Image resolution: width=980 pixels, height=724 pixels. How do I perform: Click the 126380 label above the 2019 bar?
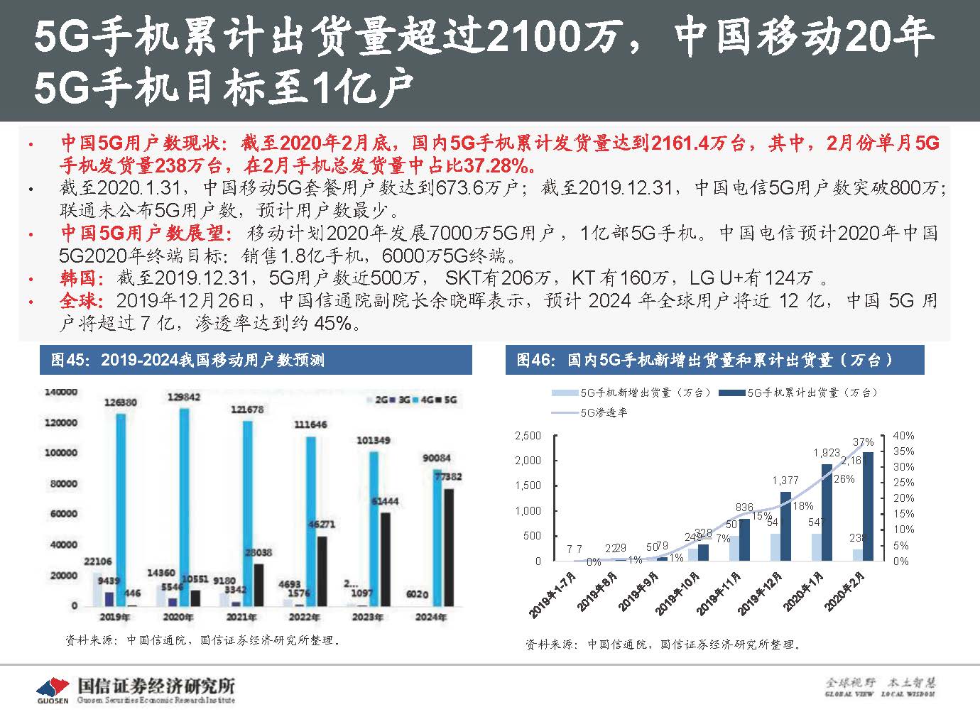click(120, 402)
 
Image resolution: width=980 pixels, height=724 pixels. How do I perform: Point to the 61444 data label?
click(385, 501)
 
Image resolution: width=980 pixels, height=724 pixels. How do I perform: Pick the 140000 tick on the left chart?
click(61, 391)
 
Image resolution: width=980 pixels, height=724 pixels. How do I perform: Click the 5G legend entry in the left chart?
click(450, 400)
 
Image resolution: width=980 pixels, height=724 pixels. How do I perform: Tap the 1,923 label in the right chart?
click(826, 451)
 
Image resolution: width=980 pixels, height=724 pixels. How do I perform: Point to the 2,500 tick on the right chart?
click(528, 436)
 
